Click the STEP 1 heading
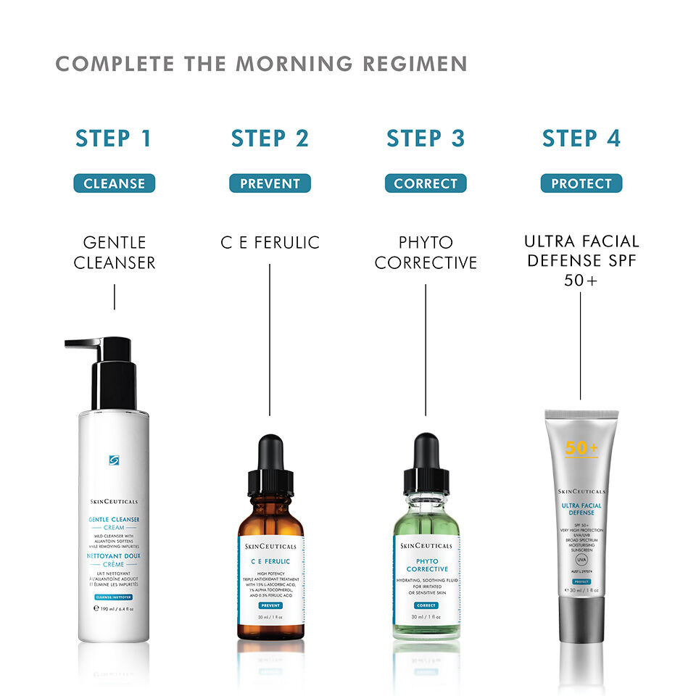[114, 138]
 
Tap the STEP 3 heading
[425, 138]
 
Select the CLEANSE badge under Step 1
[114, 183]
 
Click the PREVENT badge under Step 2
[270, 183]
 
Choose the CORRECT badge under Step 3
[426, 183]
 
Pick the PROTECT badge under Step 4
[581, 183]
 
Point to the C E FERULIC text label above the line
[270, 243]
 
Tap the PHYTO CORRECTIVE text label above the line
[426, 252]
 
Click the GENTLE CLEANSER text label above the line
[114, 252]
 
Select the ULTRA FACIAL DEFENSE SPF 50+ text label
[581, 260]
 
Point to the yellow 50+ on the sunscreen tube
[581, 448]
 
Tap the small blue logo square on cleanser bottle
[114, 460]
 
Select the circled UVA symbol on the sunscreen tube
[581, 560]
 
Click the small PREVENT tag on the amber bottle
[270, 605]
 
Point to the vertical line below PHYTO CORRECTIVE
[426, 348]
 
